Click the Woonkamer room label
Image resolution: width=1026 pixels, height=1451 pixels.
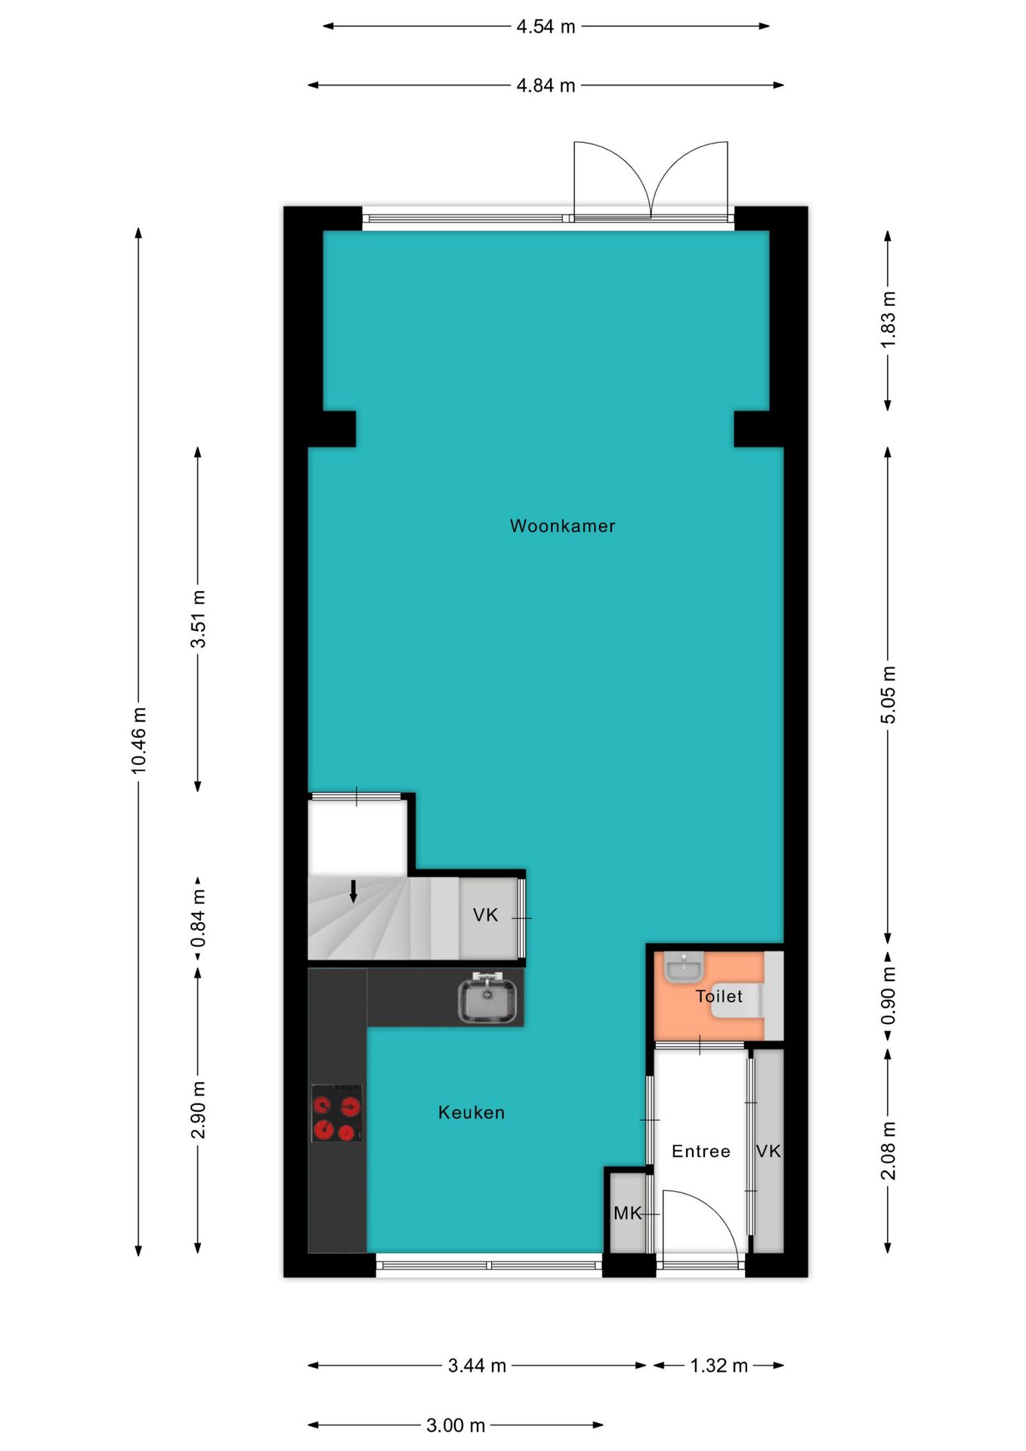(x=562, y=526)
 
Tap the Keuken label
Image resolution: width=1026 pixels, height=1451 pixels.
(x=471, y=1112)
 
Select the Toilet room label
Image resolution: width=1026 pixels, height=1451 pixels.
(x=719, y=996)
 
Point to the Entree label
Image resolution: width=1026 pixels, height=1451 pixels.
(x=701, y=1151)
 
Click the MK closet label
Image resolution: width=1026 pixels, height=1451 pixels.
(x=627, y=1213)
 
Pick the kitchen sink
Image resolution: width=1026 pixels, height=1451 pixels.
(x=487, y=998)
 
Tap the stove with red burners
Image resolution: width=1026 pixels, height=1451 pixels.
(x=337, y=1113)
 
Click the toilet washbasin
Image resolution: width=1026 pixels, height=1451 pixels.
(x=684, y=967)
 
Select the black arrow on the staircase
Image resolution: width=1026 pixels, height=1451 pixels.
(x=353, y=892)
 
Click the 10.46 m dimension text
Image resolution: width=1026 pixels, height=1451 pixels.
(x=138, y=741)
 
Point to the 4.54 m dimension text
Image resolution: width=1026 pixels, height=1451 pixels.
(x=546, y=26)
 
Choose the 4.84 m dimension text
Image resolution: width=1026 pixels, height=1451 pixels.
(x=546, y=85)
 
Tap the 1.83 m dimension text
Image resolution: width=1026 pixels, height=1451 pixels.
(x=888, y=320)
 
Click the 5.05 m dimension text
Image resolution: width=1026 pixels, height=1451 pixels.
(x=888, y=695)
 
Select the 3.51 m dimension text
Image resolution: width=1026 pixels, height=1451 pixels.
(x=198, y=619)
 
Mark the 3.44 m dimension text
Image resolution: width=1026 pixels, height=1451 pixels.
(x=477, y=1366)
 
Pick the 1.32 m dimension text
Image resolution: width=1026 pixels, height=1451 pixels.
(x=719, y=1366)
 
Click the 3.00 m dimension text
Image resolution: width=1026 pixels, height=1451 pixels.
(x=456, y=1425)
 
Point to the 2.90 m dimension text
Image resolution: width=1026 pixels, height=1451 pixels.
(x=198, y=1110)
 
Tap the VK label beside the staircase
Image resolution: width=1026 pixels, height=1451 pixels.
(x=485, y=915)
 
